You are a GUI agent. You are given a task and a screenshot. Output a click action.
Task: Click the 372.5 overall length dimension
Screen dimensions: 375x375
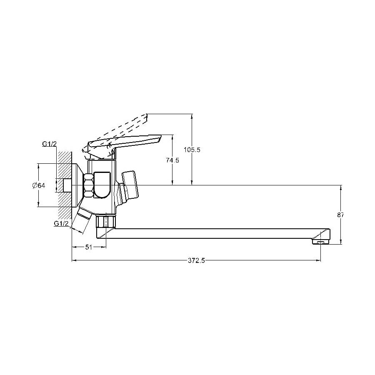click(196, 261)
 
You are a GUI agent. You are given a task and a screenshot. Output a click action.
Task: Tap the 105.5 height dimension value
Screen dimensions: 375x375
click(192, 150)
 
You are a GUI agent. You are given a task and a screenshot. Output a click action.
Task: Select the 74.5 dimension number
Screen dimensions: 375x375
click(172, 160)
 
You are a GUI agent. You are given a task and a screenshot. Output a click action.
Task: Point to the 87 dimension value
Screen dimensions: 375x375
click(340, 215)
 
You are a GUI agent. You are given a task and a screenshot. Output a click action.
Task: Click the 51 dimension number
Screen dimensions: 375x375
click(89, 247)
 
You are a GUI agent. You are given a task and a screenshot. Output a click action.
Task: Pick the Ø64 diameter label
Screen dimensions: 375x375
click(39, 185)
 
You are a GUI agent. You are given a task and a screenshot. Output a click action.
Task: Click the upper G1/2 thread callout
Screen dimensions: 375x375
click(50, 144)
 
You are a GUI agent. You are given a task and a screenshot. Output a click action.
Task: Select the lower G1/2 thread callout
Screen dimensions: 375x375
click(62, 223)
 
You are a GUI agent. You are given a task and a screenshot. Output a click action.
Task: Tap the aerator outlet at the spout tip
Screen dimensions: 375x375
click(321, 242)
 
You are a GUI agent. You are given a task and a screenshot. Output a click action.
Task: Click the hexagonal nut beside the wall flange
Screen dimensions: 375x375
click(88, 185)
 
